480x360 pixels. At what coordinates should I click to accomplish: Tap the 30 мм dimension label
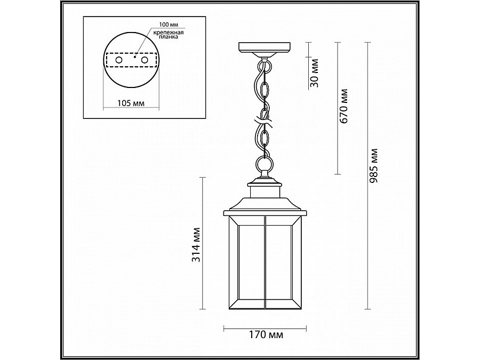coord(314,74)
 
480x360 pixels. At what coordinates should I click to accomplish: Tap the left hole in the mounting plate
coord(118,61)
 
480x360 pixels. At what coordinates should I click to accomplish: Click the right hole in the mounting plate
coord(144,61)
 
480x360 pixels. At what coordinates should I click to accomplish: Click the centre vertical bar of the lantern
coord(265,264)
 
